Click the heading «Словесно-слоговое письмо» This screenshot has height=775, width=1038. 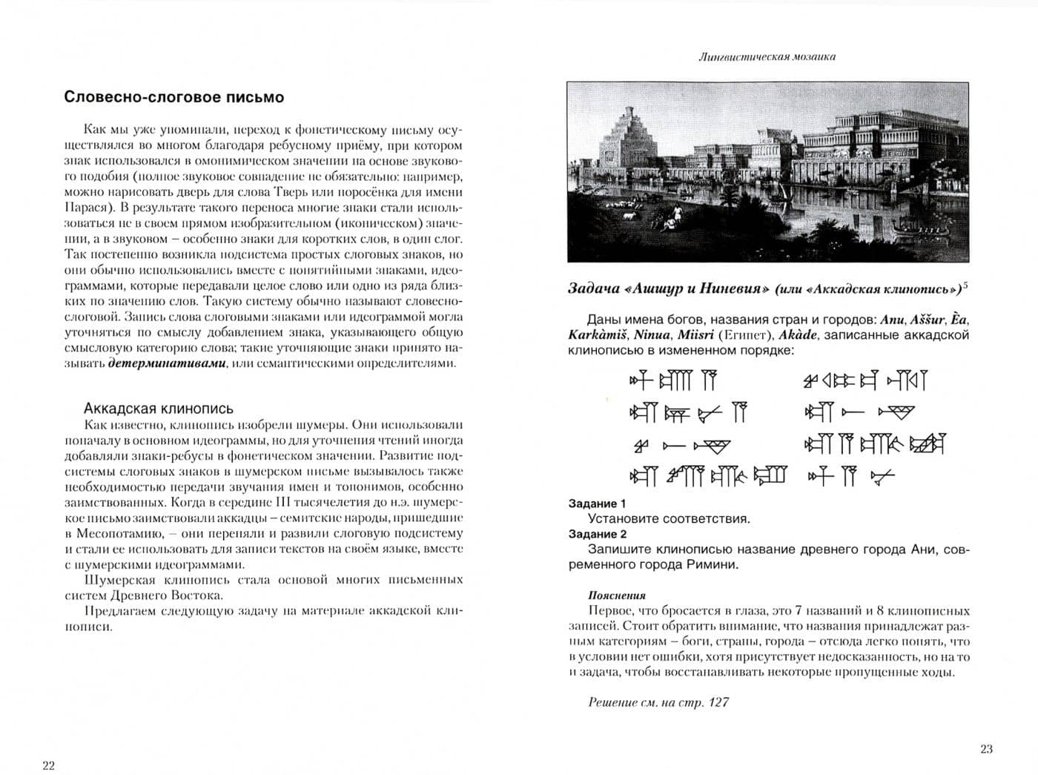coord(173,97)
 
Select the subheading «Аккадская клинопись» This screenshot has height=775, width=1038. coord(159,408)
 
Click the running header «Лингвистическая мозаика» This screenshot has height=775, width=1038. coord(767,56)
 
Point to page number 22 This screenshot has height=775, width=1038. coord(48,765)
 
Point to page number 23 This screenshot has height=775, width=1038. coord(985,748)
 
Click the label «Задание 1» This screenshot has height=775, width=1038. coord(598,504)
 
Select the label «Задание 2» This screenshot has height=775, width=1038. coord(598,534)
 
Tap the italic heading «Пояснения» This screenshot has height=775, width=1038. coord(616,596)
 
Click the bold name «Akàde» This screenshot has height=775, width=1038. coord(798,335)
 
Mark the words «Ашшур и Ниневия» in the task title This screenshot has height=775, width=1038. coord(695,289)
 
